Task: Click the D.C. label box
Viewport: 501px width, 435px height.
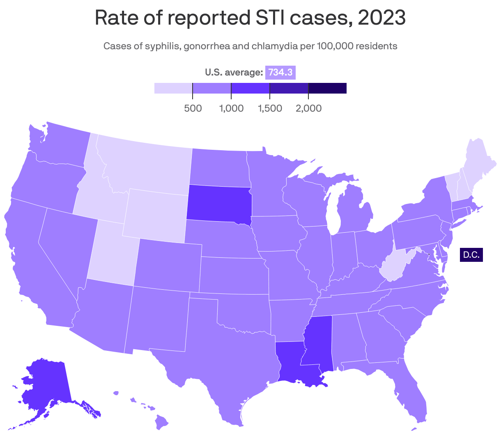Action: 471,255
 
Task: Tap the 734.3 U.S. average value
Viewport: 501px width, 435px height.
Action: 280,73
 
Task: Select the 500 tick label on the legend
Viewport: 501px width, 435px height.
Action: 193,108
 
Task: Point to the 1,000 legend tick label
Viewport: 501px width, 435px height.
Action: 231,108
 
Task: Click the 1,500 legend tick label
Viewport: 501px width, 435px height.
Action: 270,108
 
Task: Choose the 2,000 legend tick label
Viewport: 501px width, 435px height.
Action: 308,108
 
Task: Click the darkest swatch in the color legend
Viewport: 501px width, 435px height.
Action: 327,88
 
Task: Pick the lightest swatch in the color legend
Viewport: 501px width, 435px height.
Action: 173,88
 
